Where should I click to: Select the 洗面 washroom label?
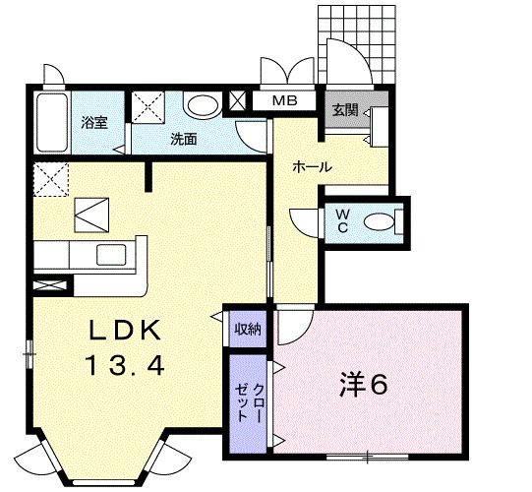(183, 139)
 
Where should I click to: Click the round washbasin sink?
(203, 104)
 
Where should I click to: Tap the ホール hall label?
(311, 167)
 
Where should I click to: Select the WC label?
(341, 219)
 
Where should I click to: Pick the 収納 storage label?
(246, 328)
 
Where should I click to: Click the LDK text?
(125, 330)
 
